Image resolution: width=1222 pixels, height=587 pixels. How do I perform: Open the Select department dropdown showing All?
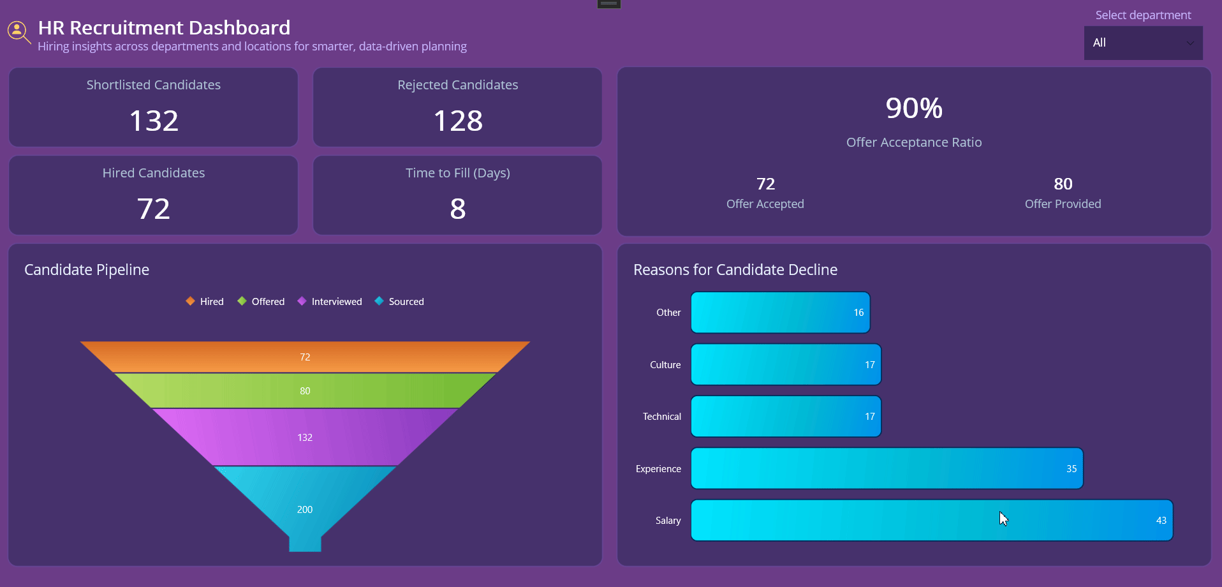pos(1143,43)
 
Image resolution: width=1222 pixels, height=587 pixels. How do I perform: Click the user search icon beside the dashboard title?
pos(18,31)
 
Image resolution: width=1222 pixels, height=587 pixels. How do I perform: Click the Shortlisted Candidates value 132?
pos(154,121)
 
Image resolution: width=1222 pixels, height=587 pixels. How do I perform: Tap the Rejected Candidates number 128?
pos(458,121)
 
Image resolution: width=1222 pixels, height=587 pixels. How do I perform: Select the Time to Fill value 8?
pos(458,209)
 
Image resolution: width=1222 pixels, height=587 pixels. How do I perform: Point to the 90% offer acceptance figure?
pos(913,108)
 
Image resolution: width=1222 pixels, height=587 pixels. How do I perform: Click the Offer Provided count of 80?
pos(1063,184)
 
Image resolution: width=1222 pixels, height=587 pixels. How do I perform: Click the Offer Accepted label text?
pos(765,204)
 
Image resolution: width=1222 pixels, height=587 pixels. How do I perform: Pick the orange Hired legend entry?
pos(205,301)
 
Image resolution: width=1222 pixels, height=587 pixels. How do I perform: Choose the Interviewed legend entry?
pos(330,301)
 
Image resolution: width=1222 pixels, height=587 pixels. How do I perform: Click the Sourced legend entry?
pos(399,301)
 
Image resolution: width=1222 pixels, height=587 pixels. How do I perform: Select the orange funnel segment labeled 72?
pos(305,357)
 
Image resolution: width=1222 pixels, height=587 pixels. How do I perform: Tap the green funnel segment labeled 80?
pos(305,390)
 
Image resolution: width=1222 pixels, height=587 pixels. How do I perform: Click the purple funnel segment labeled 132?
pos(305,437)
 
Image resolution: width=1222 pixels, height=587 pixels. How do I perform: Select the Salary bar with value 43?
pos(931,520)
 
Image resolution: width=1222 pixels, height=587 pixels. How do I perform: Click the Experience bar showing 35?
pos(887,468)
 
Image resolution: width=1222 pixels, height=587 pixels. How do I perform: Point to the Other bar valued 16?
pos(780,313)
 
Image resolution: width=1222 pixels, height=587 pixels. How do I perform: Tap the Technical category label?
pos(661,417)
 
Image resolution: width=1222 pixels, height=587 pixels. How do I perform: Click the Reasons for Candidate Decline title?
pos(735,270)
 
